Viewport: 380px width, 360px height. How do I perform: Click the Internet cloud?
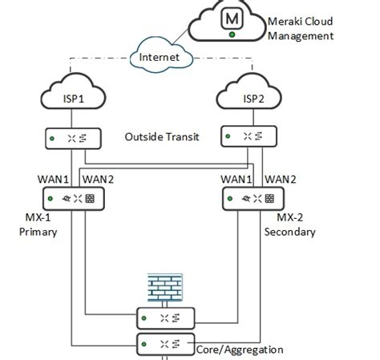point(158,57)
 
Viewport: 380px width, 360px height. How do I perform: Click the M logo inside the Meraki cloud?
point(232,17)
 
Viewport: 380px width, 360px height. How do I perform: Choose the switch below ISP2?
point(250,138)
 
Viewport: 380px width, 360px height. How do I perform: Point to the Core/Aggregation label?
point(239,350)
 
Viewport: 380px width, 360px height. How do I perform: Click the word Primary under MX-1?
point(38,232)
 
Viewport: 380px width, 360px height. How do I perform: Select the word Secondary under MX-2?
point(289,232)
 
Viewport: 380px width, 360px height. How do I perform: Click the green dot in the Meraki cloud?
point(232,34)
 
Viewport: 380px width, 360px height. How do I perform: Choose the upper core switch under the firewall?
point(165,318)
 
